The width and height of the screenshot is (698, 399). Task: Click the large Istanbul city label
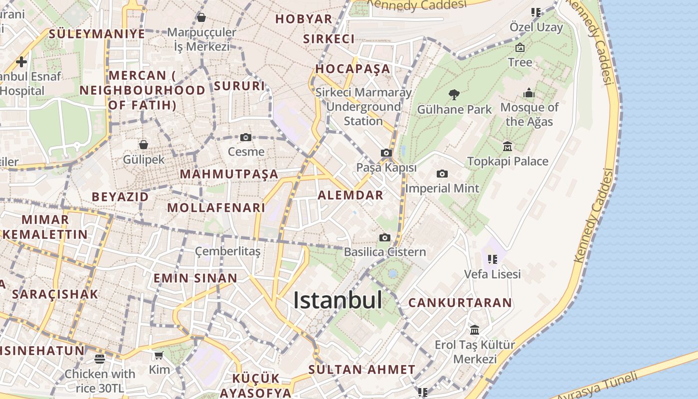coord(338,300)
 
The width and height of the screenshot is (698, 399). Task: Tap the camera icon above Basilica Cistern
coord(385,237)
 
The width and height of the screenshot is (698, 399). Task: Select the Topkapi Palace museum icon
coord(508,146)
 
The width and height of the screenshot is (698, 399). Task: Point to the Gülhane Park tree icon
coord(454,94)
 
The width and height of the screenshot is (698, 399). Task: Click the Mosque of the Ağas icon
coord(529,93)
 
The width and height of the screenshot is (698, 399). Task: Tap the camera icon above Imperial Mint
coord(442,174)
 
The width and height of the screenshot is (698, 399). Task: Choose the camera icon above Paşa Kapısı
coord(386,153)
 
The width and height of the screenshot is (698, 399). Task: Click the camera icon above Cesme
coord(246,137)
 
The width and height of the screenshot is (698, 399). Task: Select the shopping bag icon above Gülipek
coord(144,145)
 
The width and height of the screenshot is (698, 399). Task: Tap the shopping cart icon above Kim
coord(159,355)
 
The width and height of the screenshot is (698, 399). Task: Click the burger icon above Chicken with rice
coord(100,359)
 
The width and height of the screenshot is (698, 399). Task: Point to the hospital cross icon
coord(21,62)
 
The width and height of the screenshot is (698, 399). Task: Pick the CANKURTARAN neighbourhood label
coord(460,303)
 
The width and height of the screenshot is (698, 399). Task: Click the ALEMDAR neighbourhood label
coord(350,195)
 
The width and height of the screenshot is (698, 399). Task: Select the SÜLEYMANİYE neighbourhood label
coord(97,34)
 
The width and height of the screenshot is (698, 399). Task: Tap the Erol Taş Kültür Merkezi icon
coord(475,330)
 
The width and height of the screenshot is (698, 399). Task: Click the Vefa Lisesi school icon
coord(493,259)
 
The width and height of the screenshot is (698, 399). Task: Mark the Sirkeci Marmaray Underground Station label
coord(363,107)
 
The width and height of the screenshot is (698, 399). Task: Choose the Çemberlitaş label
coord(227,251)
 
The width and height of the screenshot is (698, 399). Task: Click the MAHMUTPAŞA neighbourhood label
coord(229,174)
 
